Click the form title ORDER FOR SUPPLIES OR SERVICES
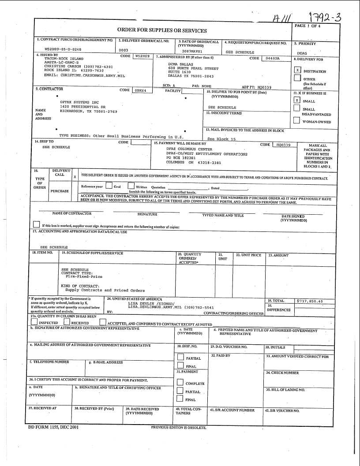coord(162,30)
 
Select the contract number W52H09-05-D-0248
coord(63,50)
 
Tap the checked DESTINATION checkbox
coord(297,70)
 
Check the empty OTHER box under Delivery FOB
coord(297,78)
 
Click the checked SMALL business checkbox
coord(297,100)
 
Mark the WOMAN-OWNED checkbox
coord(297,120)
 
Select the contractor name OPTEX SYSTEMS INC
coord(79,102)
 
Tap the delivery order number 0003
coord(124,50)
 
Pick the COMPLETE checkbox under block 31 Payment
coord(180,383)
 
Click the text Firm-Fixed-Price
coord(84,276)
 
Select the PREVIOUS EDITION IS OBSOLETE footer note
coord(178,428)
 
